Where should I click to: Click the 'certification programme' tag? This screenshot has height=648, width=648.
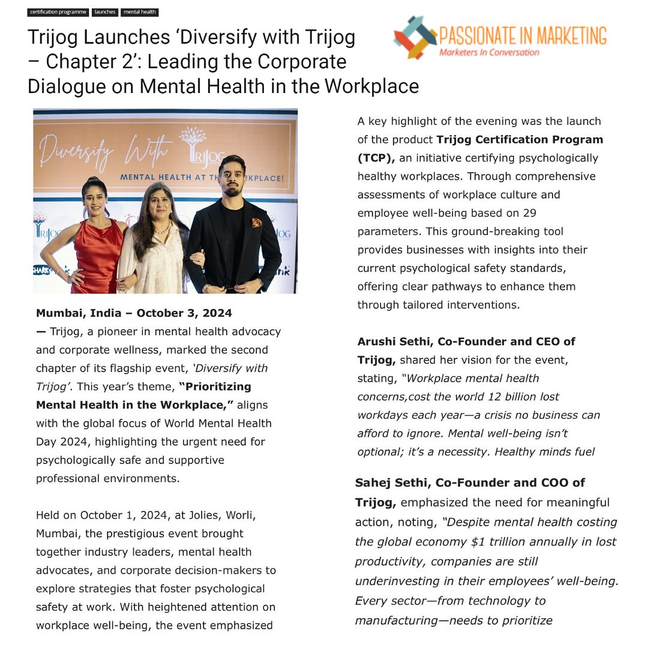58,12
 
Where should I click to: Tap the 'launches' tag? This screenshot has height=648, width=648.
105,12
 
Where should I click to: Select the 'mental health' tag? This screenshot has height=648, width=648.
140,12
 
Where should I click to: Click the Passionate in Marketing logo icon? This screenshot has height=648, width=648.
414,37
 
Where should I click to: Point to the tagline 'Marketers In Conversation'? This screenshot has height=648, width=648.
489,52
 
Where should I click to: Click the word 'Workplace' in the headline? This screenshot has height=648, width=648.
372,86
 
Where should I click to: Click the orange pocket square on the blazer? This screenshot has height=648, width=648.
256,223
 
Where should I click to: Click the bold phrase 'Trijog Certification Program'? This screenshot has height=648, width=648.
520,140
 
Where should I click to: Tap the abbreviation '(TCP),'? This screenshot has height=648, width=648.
376,158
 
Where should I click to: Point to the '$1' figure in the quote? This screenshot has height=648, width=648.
478,542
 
